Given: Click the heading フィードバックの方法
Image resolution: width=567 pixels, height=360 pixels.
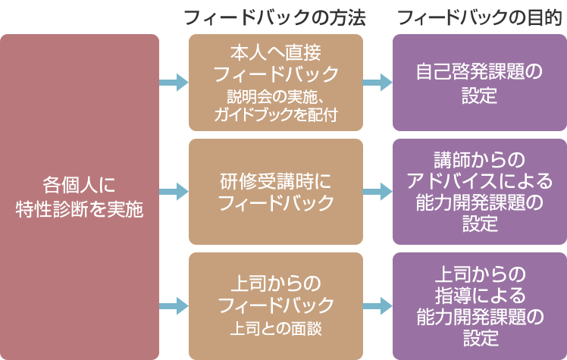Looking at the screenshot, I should [275, 17].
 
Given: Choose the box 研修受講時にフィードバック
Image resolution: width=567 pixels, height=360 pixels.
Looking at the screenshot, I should [275, 192].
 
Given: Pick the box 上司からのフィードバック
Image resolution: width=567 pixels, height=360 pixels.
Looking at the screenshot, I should [275, 305].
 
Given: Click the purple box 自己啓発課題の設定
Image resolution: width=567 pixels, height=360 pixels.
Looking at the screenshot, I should [479, 83].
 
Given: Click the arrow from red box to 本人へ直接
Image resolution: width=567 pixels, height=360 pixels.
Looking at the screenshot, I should [174, 83].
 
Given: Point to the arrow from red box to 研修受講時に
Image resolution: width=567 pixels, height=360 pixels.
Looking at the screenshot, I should [174, 192].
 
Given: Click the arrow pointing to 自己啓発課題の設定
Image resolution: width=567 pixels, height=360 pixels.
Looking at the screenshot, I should [377, 83].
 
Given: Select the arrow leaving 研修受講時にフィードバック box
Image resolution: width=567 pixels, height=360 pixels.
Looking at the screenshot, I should [377, 192].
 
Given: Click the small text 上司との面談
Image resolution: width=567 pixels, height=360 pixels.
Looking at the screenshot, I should [275, 328].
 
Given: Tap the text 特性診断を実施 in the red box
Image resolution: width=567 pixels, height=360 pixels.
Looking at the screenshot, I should [80, 209].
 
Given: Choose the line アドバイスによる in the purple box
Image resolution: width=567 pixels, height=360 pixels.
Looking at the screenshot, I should [479, 181].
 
